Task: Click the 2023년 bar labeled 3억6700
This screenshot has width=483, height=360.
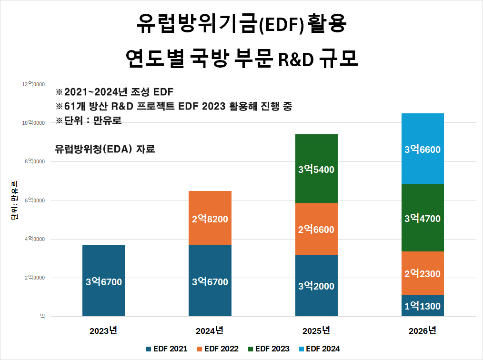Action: click(104, 281)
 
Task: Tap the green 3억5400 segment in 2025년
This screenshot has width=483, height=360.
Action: click(316, 169)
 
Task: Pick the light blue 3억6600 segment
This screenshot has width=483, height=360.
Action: click(423, 149)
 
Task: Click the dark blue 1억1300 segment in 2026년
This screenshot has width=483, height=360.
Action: click(423, 306)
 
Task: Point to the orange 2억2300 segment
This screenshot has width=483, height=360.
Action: click(423, 273)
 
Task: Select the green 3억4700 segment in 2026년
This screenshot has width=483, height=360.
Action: click(423, 218)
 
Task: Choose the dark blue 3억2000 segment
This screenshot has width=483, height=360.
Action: click(316, 286)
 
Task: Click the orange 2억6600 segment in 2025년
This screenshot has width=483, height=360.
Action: click(316, 229)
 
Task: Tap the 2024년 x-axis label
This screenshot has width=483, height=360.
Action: click(210, 330)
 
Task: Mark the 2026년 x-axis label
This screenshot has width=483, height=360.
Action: click(423, 330)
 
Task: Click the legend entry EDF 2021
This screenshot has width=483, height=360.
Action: click(167, 349)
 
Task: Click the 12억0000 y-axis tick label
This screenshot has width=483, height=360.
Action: click(33, 84)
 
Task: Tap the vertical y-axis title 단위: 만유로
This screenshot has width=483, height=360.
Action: click(14, 200)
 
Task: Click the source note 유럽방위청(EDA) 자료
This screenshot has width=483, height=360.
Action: click(105, 149)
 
